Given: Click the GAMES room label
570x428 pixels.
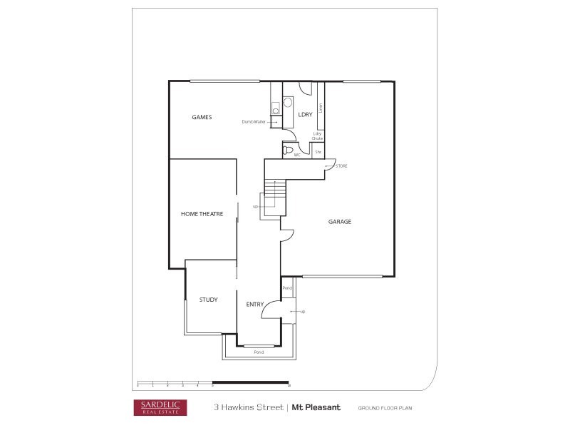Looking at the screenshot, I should coord(202,117).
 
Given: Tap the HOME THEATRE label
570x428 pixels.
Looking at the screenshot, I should coord(202,214).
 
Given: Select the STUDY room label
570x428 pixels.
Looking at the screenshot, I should coord(209,300).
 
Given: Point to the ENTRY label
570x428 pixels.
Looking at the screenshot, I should coord(255,305).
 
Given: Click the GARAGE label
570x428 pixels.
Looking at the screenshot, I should coord(340,222).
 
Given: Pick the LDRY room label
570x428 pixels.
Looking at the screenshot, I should coord(305,114).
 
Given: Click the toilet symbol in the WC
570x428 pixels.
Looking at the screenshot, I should coord(288,151).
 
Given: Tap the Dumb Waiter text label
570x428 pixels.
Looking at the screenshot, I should coord(254,122).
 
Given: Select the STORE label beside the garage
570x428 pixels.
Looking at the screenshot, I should coord(341,166).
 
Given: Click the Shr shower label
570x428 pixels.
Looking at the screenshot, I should coord(318,152).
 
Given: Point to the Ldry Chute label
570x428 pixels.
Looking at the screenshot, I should coord(318,136).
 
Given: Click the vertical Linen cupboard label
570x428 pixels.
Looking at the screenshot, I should coord(321,108).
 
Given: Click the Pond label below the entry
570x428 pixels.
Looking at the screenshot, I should coord(259,352).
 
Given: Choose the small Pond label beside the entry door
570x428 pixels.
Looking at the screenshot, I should coord(288,288).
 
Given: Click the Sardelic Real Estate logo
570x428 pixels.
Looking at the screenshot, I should coord(160,407).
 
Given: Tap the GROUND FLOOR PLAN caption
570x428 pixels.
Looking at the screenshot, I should coord(385,408).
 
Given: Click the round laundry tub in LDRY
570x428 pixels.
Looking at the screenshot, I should coord(289,102).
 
